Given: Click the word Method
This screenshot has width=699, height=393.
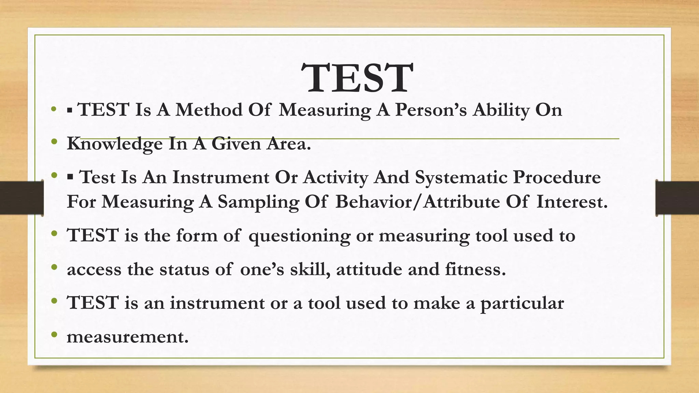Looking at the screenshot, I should click(x=209, y=110).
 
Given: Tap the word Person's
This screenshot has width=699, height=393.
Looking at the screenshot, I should click(x=431, y=110).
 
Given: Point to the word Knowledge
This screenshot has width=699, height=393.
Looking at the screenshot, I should click(x=115, y=144).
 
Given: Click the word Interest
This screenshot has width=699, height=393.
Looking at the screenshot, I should click(x=572, y=202).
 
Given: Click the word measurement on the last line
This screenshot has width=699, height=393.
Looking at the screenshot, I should click(x=128, y=337).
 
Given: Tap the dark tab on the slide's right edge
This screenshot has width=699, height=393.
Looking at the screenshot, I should click(x=677, y=198).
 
